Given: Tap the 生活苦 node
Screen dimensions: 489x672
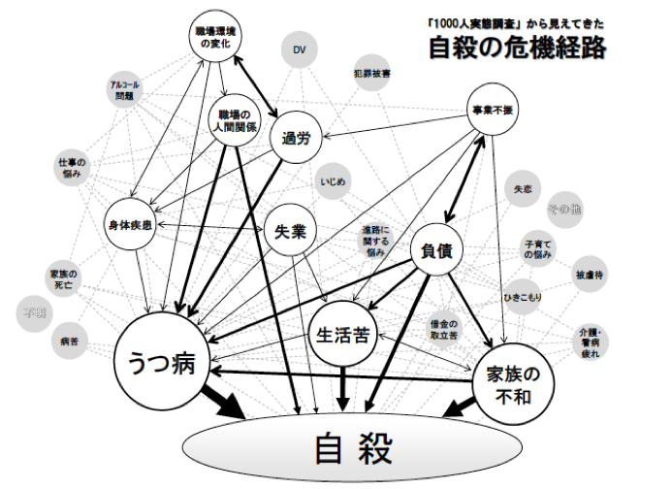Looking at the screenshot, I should click(342, 334).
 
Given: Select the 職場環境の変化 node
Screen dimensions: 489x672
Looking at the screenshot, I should click(212, 38).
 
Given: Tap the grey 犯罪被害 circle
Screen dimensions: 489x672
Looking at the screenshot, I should click(372, 74).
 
